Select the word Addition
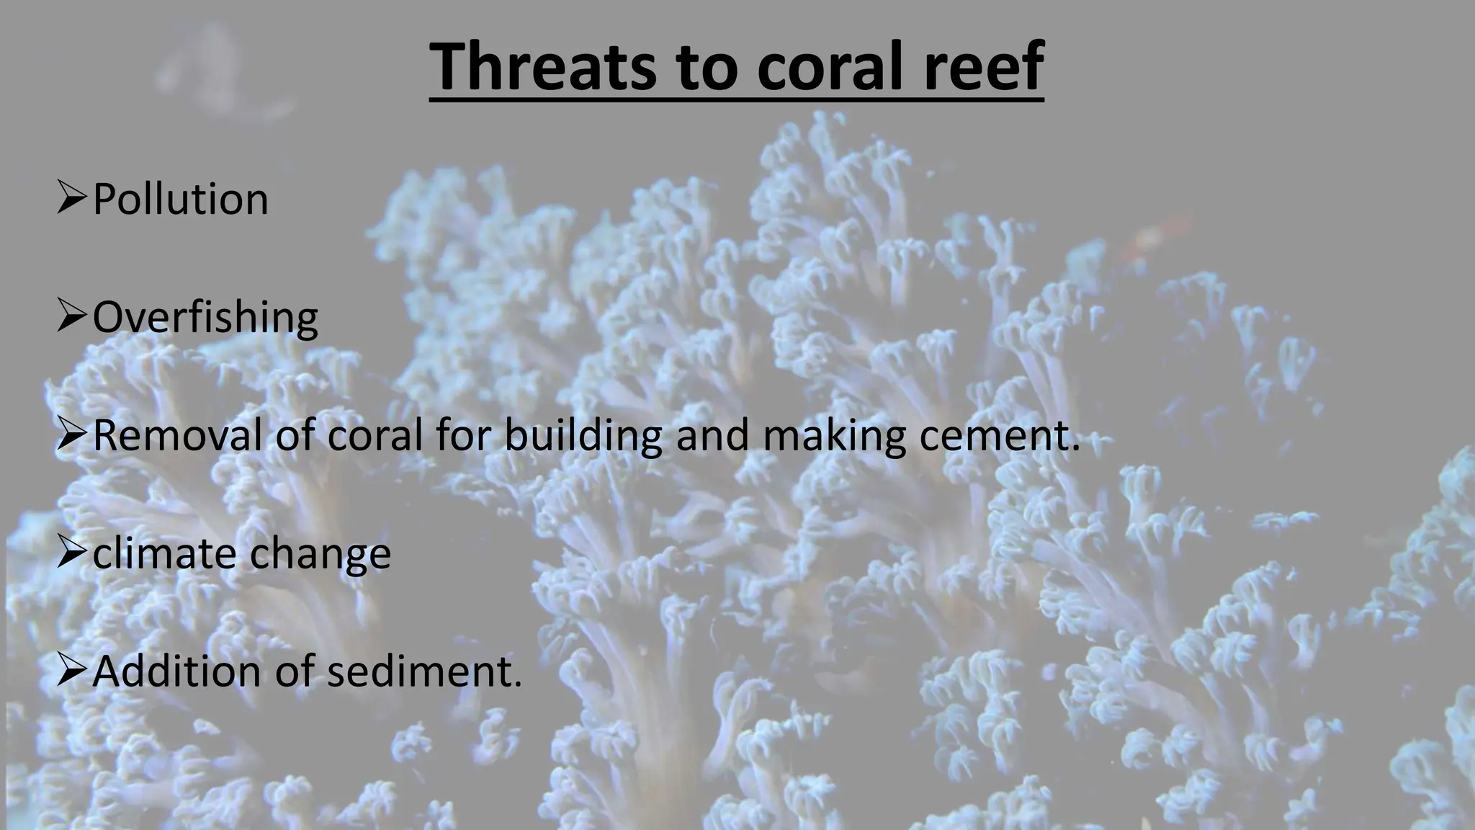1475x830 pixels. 177,671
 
